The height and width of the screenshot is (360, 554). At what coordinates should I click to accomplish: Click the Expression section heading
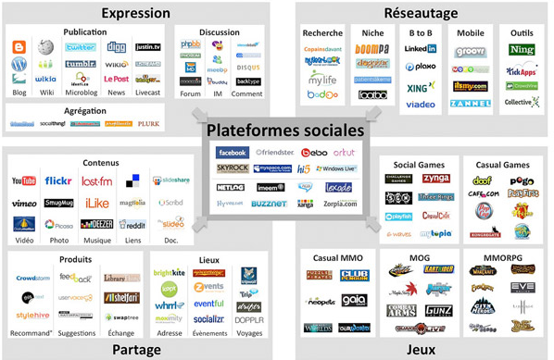coord(135,13)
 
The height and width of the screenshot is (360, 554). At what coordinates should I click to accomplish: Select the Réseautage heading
coord(419,13)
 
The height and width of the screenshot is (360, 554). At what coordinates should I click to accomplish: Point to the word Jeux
coord(421,349)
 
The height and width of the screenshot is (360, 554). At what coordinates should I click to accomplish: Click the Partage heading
coord(136,349)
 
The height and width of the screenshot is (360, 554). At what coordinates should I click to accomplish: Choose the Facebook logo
coord(232,153)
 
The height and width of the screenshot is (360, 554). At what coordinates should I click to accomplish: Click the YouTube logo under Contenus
coord(24,181)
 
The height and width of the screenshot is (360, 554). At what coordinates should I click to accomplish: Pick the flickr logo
coord(58,181)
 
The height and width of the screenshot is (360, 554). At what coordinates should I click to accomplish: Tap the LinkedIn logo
coord(421,48)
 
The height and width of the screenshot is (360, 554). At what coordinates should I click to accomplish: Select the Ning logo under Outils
coord(522,49)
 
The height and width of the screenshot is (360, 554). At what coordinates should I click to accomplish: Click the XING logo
coord(421,86)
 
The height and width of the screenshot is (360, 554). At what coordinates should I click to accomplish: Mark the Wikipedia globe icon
coord(45,47)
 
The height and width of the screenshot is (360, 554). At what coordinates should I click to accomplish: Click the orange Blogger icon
coord(19,47)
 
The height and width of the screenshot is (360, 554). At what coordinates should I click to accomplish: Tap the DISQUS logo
coord(247,68)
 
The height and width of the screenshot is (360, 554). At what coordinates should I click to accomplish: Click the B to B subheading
coord(421,33)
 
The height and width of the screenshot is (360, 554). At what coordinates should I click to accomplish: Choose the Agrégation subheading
coord(85,108)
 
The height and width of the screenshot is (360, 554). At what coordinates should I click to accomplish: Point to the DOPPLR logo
coord(248,319)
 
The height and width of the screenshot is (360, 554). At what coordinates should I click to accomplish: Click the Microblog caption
coord(82,93)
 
